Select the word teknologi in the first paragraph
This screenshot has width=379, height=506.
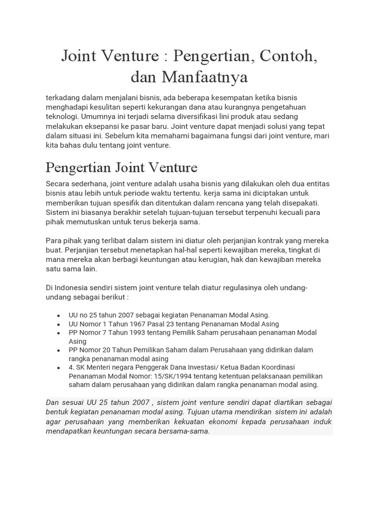tap(62, 116)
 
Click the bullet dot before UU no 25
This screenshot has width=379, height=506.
tap(59, 315)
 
